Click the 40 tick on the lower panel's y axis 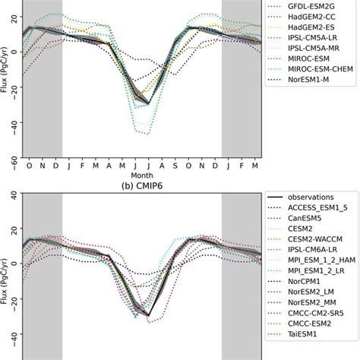(x=14, y=195)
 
